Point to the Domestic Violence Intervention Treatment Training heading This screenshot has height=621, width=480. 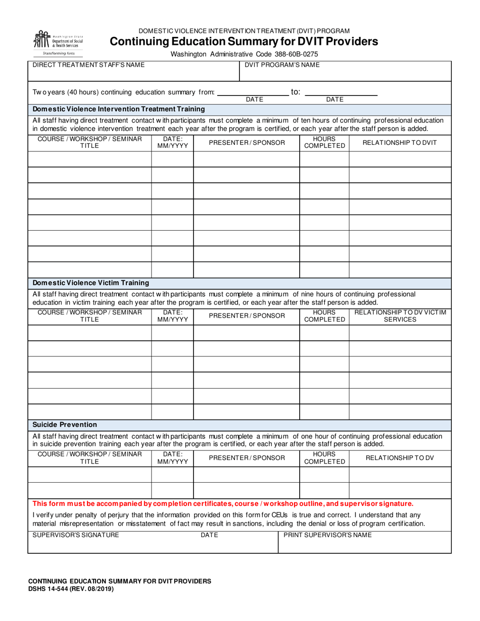pyautogui.click(x=119, y=109)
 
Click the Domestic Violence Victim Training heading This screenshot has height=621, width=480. pyautogui.click(x=91, y=283)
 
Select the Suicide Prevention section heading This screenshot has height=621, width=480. pyautogui.click(x=65, y=425)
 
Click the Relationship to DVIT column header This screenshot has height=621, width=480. pyautogui.click(x=400, y=143)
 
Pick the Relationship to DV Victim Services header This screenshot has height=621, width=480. pyautogui.click(x=400, y=316)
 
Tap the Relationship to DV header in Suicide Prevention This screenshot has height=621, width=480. pyautogui.click(x=400, y=458)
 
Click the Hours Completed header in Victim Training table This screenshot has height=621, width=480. pyautogui.click(x=324, y=316)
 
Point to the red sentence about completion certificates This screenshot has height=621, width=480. pyautogui.click(x=223, y=503)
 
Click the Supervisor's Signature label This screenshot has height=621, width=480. pyautogui.click(x=76, y=535)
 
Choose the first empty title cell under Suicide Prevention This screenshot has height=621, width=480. pyautogui.click(x=89, y=475)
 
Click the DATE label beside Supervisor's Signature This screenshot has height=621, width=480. pyautogui.click(x=209, y=535)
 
